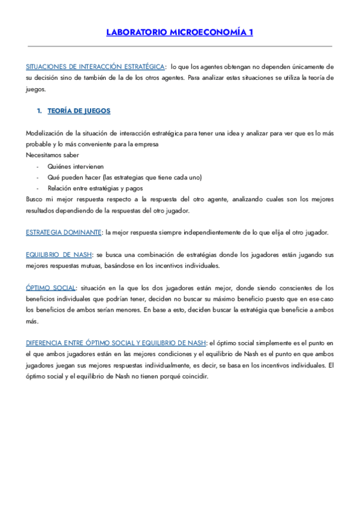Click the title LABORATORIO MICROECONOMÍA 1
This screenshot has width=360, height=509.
[x=179, y=32]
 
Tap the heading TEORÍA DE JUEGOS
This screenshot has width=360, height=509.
[x=79, y=111]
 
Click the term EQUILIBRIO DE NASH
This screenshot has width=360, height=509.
[x=59, y=255]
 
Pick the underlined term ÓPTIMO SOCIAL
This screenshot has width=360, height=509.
[x=51, y=288]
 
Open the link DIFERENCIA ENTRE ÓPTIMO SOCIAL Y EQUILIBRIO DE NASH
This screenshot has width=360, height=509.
[x=115, y=343]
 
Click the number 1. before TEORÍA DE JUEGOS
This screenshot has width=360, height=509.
[x=39, y=111]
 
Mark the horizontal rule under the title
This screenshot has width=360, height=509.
[x=179, y=46]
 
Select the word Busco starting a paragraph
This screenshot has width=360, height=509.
[x=35, y=199]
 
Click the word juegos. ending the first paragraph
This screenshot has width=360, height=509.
[x=35, y=89]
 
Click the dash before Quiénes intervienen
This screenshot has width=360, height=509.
[x=37, y=166]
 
